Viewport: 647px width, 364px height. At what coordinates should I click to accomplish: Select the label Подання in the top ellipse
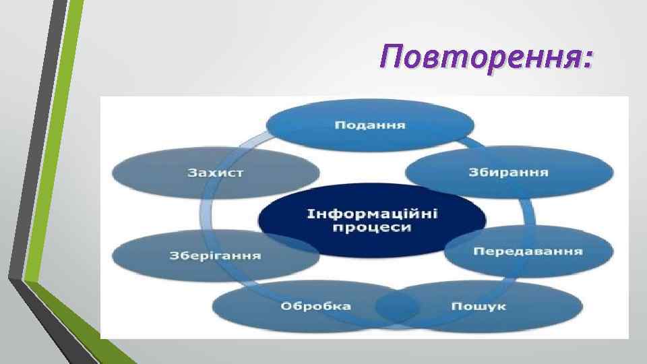pyautogui.click(x=370, y=125)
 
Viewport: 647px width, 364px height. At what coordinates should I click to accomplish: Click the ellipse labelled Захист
pyautogui.click(x=216, y=173)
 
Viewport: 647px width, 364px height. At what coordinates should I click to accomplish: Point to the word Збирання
pyautogui.click(x=509, y=172)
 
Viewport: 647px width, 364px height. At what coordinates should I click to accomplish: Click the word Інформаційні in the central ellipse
pyautogui.click(x=372, y=214)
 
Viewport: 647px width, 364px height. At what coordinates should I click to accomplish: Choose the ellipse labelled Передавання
pyautogui.click(x=528, y=251)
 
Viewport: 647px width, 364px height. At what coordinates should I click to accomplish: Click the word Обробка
pyautogui.click(x=315, y=306)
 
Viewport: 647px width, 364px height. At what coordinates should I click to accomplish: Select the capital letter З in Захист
pyautogui.click(x=192, y=173)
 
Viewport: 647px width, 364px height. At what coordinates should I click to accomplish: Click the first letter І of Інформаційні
pyautogui.click(x=310, y=214)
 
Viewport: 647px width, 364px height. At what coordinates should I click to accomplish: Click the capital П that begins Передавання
pyautogui.click(x=478, y=251)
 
